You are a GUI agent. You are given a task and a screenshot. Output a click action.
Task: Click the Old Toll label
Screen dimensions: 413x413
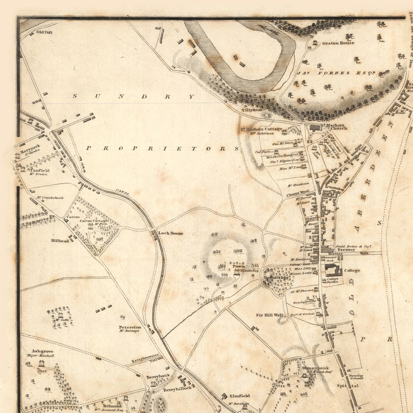(x=45, y=32)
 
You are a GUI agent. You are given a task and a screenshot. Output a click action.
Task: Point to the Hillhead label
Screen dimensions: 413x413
(x=59, y=241)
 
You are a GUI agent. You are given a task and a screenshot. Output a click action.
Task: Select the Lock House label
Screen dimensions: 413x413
(x=171, y=234)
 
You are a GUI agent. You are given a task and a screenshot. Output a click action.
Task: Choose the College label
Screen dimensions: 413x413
(x=352, y=270)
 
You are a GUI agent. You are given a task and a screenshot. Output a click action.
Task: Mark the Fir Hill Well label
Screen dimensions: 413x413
(x=269, y=315)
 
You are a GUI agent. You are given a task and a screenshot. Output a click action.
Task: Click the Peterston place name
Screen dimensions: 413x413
(x=130, y=328)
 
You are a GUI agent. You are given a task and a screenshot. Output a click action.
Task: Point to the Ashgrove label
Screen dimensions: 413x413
(x=42, y=351)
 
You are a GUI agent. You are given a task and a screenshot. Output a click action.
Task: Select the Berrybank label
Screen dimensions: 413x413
(x=158, y=376)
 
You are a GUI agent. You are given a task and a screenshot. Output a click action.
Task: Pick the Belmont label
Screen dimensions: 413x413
(x=112, y=405)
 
